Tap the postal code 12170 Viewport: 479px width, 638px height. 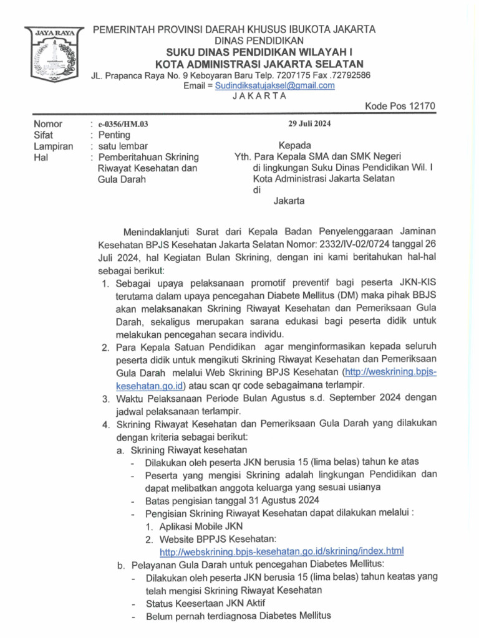422,106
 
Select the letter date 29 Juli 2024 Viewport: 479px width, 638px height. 309,123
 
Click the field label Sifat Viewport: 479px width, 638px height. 44,135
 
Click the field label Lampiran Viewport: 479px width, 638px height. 53,146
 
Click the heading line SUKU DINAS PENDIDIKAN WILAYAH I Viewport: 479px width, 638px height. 259,52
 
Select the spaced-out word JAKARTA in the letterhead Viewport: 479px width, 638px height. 259,96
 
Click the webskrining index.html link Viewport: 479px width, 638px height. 282,551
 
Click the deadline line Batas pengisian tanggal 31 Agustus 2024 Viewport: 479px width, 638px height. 232,501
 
